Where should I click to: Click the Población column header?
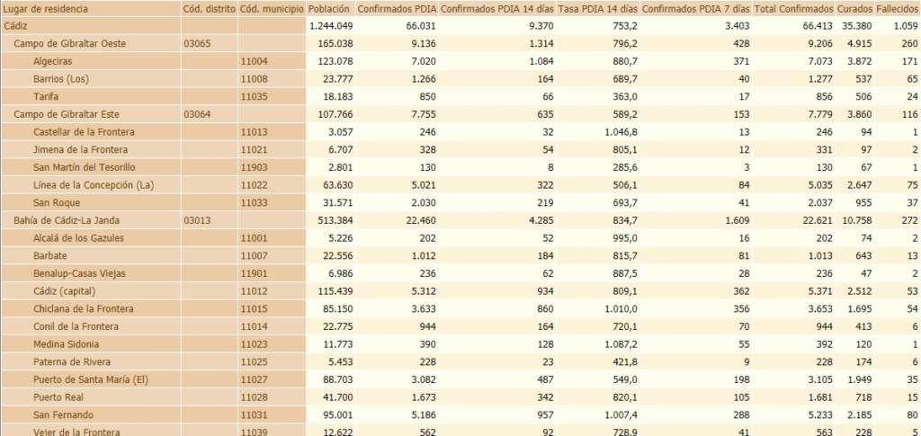click(x=329, y=8)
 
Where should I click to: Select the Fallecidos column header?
click(x=897, y=8)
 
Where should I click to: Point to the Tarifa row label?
click(x=47, y=96)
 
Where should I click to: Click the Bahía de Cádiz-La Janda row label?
click(x=68, y=220)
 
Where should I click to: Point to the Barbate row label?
click(x=51, y=255)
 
